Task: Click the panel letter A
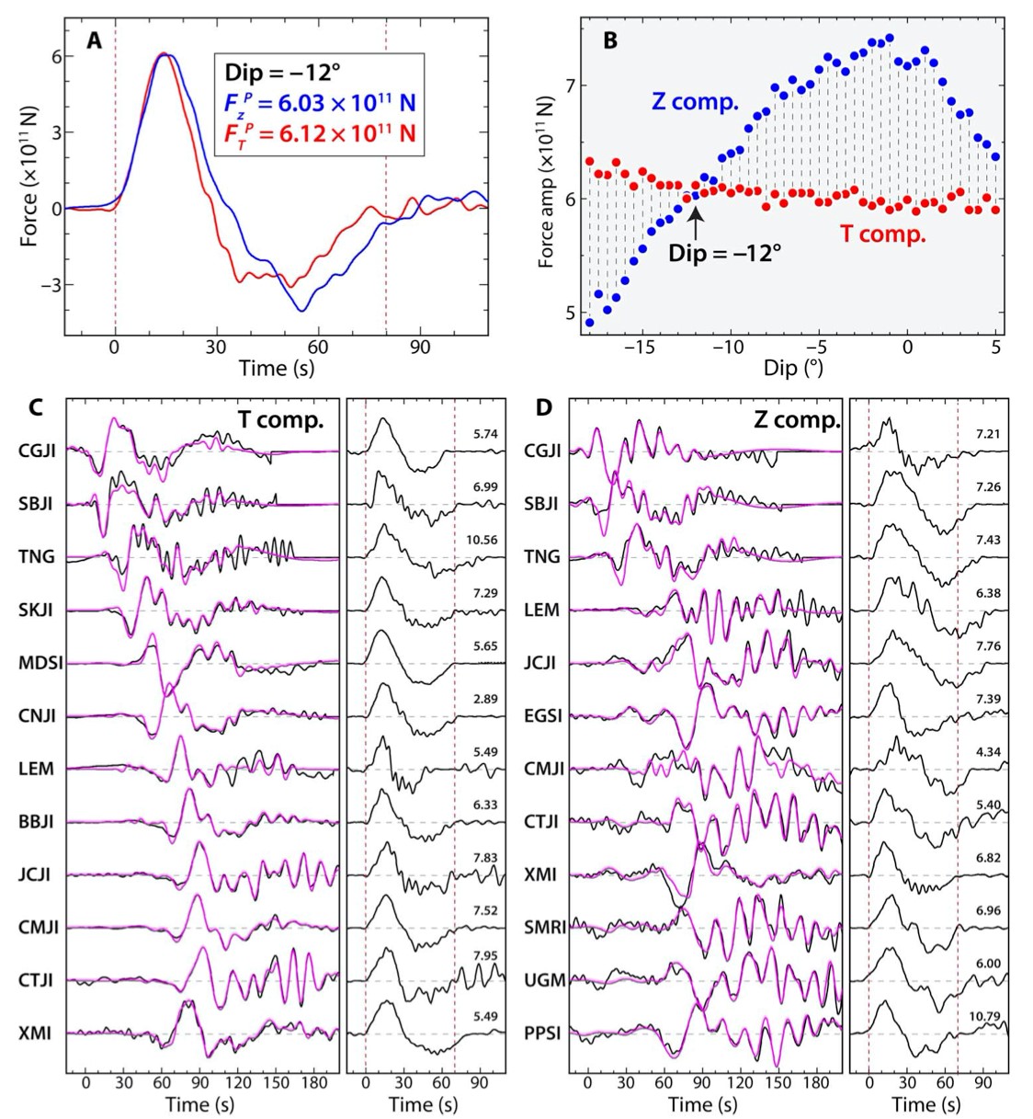click(x=95, y=40)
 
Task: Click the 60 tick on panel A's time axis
click(x=318, y=348)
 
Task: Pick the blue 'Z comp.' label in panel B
click(x=695, y=102)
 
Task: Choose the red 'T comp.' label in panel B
click(x=883, y=234)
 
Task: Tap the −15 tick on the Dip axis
click(x=639, y=348)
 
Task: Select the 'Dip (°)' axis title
click(x=793, y=368)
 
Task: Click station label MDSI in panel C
click(x=40, y=663)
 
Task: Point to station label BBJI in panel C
click(x=37, y=821)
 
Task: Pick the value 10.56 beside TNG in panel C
click(x=482, y=540)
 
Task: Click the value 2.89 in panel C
click(x=484, y=699)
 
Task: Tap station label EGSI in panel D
click(x=543, y=715)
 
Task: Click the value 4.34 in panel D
click(x=988, y=751)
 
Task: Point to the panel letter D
click(x=544, y=407)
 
